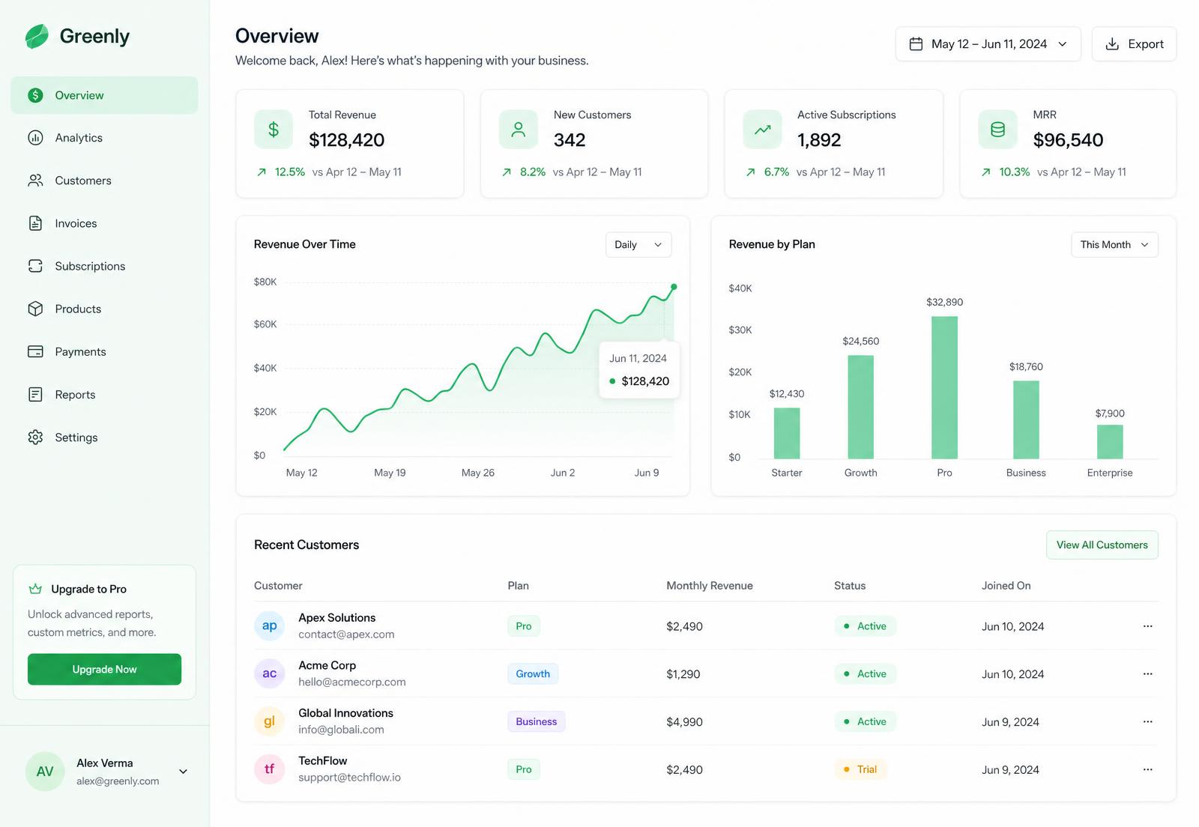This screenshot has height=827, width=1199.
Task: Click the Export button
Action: point(1134,44)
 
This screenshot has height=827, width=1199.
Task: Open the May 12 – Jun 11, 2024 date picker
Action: point(988,44)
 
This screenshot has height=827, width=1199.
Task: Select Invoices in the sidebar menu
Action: point(76,223)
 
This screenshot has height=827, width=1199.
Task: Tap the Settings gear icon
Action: point(35,437)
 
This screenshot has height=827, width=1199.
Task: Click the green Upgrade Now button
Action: point(104,669)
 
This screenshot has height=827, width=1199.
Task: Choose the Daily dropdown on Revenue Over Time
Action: point(638,244)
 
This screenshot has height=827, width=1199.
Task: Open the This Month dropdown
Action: point(1114,244)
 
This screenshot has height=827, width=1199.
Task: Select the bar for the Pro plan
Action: point(944,387)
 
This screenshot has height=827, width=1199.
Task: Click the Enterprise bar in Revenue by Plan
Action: point(1110,441)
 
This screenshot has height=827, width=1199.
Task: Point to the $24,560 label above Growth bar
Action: point(861,342)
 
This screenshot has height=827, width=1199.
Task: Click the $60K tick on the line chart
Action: point(265,324)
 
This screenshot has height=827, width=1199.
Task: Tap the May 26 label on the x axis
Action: point(478,473)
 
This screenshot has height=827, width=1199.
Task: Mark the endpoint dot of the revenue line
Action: point(674,287)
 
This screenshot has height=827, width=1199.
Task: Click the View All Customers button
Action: point(1102,545)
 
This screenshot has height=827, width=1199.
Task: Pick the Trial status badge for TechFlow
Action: point(861,769)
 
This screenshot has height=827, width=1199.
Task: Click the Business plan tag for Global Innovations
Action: point(537,721)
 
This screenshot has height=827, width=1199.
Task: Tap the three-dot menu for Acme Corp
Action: point(1147,673)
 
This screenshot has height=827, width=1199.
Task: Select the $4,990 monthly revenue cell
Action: point(684,722)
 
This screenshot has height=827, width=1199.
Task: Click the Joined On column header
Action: point(1006,586)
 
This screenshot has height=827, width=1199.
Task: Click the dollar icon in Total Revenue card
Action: point(274,130)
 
